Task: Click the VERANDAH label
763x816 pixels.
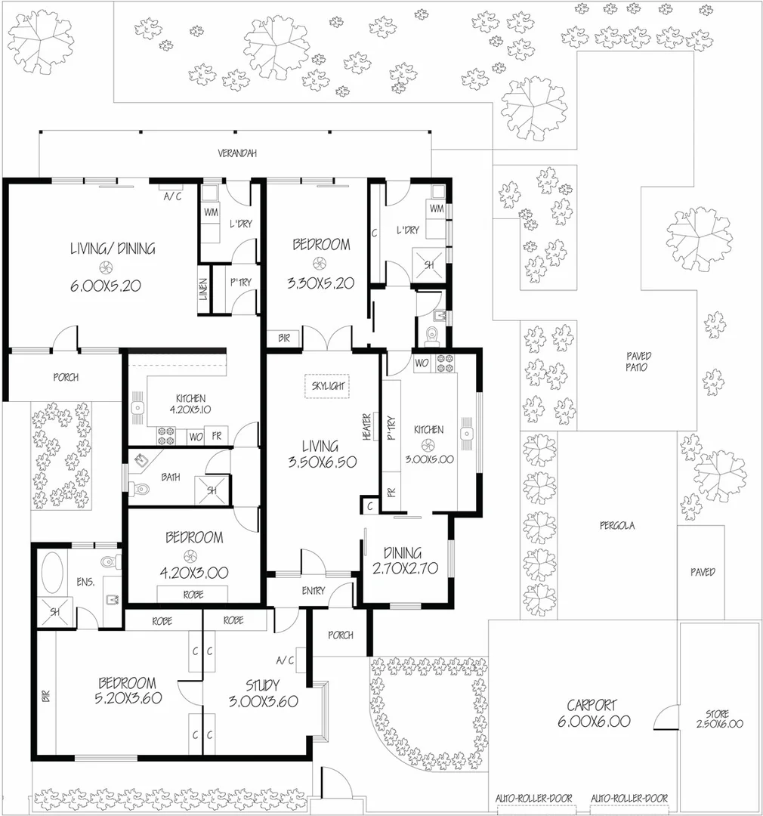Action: pos(237,153)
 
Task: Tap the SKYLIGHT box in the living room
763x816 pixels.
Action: pos(327,386)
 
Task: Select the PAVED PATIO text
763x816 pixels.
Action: pos(638,362)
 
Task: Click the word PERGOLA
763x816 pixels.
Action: pos(616,526)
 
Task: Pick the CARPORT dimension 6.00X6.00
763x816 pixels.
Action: pos(598,722)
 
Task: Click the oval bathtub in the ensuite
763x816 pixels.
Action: pos(51,573)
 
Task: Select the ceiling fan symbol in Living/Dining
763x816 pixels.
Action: pos(103,267)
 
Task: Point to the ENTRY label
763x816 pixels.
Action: pos(312,591)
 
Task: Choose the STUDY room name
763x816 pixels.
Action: pos(262,686)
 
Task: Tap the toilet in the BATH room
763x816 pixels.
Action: pos(138,490)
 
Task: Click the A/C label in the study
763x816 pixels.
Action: pos(285,660)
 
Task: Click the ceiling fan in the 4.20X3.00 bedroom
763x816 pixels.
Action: pos(194,555)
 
